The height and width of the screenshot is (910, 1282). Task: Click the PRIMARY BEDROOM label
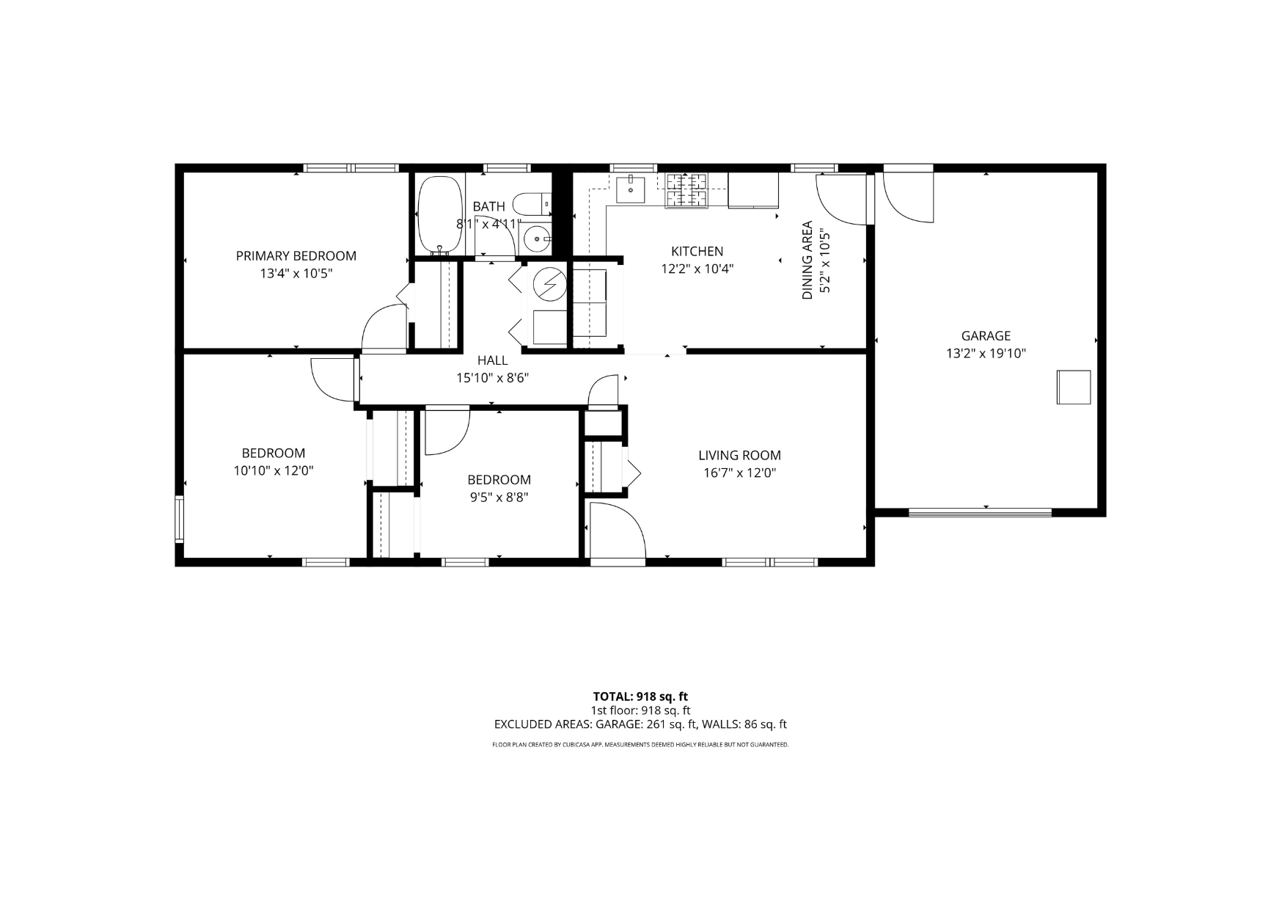(x=296, y=256)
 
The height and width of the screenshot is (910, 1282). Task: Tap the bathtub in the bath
(x=438, y=214)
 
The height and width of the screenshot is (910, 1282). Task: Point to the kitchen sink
(x=631, y=189)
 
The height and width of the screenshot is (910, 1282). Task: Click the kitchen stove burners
(x=687, y=189)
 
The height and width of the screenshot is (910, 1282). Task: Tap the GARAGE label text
(x=986, y=335)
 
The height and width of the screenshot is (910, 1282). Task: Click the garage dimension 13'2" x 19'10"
(x=986, y=354)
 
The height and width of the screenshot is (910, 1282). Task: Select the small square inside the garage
(x=1073, y=387)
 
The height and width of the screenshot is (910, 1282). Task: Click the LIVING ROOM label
(x=739, y=455)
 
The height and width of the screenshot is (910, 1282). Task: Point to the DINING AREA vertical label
(x=807, y=260)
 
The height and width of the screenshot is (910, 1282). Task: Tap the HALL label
(x=492, y=360)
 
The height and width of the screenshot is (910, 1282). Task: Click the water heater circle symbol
(x=549, y=284)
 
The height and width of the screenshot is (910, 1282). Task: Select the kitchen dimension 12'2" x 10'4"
(x=697, y=269)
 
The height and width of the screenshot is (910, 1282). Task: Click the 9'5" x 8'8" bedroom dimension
(x=499, y=498)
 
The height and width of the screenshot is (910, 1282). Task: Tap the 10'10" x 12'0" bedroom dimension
(x=274, y=471)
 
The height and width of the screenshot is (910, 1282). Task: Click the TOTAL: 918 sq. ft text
(x=640, y=696)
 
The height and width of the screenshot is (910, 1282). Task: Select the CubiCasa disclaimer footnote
(x=640, y=745)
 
